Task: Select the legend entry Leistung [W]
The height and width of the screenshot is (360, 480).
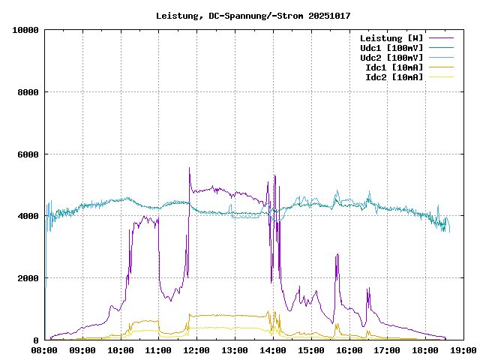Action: click(391, 38)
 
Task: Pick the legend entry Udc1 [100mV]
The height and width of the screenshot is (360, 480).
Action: click(391, 48)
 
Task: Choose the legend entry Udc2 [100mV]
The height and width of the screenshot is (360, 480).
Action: click(391, 58)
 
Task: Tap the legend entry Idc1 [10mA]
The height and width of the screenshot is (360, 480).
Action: click(394, 67)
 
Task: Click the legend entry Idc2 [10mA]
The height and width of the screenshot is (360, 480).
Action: click(394, 77)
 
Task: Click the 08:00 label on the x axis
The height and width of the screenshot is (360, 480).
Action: click(45, 350)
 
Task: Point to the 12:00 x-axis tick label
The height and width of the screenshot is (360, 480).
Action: click(196, 350)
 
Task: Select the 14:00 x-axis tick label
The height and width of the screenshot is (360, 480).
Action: click(273, 350)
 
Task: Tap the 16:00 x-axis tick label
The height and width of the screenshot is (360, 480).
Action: click(349, 350)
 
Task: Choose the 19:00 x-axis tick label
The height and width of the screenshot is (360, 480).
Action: click(463, 350)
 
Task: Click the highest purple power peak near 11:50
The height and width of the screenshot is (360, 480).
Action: click(189, 169)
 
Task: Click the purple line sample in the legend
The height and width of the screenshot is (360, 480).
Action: click(441, 38)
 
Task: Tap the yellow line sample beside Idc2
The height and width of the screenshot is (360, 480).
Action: click(441, 77)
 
